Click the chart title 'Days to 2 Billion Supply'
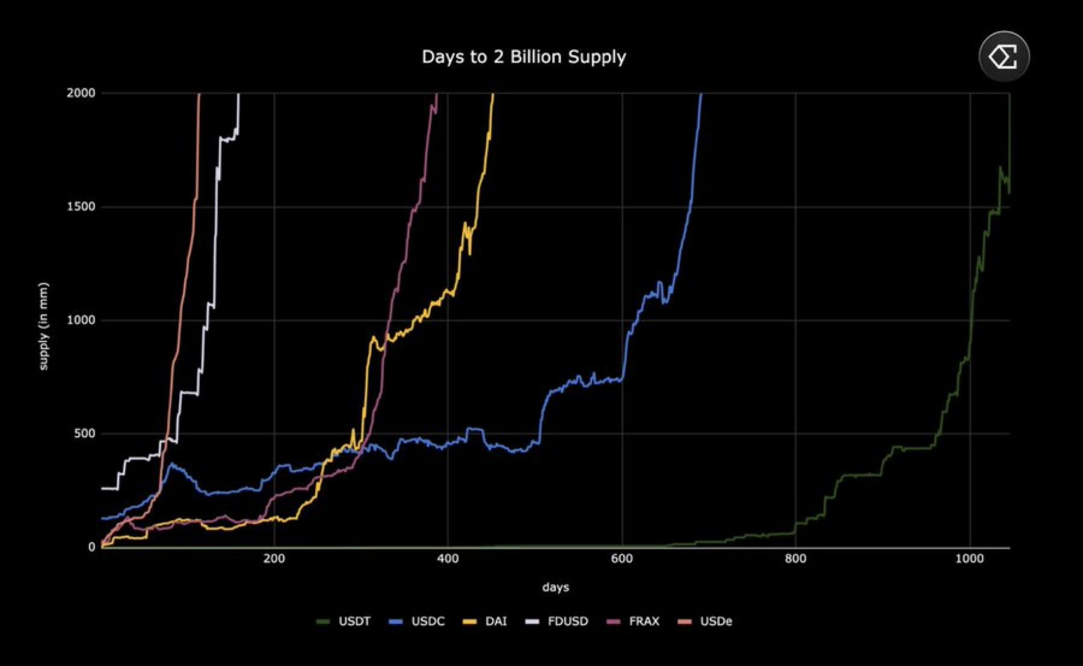(x=523, y=57)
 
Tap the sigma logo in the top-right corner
(x=1004, y=57)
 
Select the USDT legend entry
(x=354, y=621)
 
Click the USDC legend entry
(x=427, y=621)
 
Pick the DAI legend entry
(x=495, y=621)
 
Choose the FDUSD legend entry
(x=567, y=621)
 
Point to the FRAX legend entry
(x=644, y=621)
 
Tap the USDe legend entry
(x=715, y=621)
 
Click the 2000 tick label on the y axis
(x=81, y=93)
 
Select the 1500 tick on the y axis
(x=81, y=207)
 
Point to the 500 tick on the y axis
(x=84, y=434)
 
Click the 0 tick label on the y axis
(x=91, y=547)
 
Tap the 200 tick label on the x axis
(x=274, y=559)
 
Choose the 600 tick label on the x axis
(x=622, y=559)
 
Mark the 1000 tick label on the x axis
(x=969, y=559)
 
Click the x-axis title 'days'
(x=555, y=587)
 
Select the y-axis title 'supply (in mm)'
(x=43, y=326)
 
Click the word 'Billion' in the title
(x=535, y=57)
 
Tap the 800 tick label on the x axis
(x=795, y=559)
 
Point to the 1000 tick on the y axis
(x=81, y=320)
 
